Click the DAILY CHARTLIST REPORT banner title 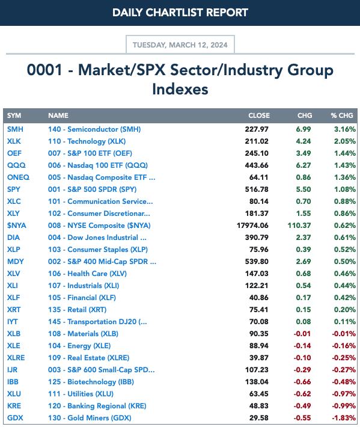tap(180, 13)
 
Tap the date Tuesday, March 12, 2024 tap(180, 45)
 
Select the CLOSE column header tap(259, 115)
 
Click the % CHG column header tap(342, 115)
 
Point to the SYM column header tap(14, 115)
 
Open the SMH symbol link tap(15, 129)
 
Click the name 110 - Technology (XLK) tap(87, 141)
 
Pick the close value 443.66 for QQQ tap(257, 165)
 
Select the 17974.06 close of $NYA tap(252, 226)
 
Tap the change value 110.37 tap(299, 226)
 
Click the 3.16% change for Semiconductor tap(345, 129)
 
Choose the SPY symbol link tap(14, 189)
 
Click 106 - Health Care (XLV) tap(87, 274)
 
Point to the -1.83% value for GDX tap(344, 418)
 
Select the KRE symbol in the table tap(14, 406)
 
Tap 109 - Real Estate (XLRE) tap(89, 358)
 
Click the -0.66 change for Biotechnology tap(302, 382)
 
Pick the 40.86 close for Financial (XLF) tap(259, 298)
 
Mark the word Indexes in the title tap(180, 90)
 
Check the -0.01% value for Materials tap(344, 334)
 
